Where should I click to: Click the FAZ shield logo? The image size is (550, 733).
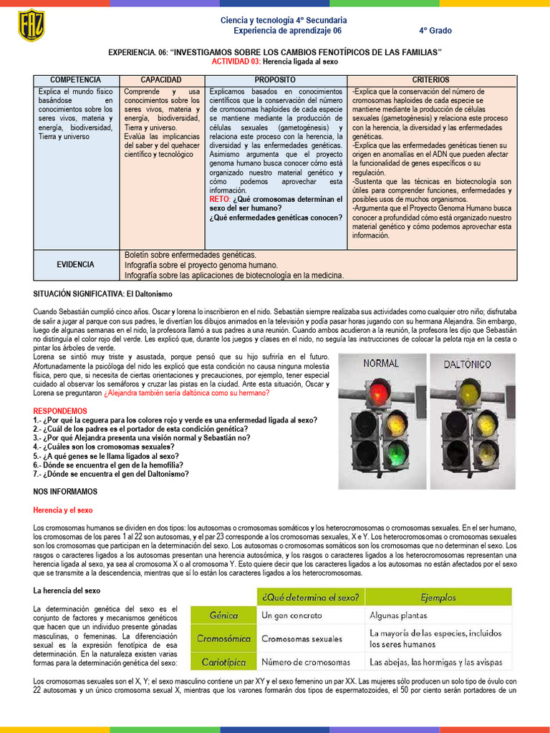(31, 25)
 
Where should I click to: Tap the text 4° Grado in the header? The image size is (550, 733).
(435, 31)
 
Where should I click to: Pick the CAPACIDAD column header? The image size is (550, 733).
(161, 79)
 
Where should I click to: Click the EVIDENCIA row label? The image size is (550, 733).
(76, 265)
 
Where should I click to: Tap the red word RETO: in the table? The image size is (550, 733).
(220, 199)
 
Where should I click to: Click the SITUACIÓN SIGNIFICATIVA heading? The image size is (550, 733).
(102, 294)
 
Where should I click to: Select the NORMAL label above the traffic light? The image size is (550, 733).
(380, 364)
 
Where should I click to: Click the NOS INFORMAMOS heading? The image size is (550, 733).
(65, 492)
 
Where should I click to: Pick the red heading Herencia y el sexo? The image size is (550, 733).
(63, 510)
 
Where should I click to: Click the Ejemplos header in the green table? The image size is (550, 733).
(438, 597)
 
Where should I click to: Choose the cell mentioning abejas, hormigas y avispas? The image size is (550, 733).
(435, 662)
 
